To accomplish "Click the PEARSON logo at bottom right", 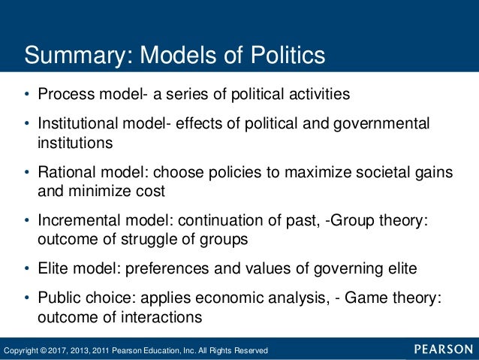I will click(443, 349).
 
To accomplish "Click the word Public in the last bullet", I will click(59, 298).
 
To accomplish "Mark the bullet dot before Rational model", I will click(26, 172).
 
